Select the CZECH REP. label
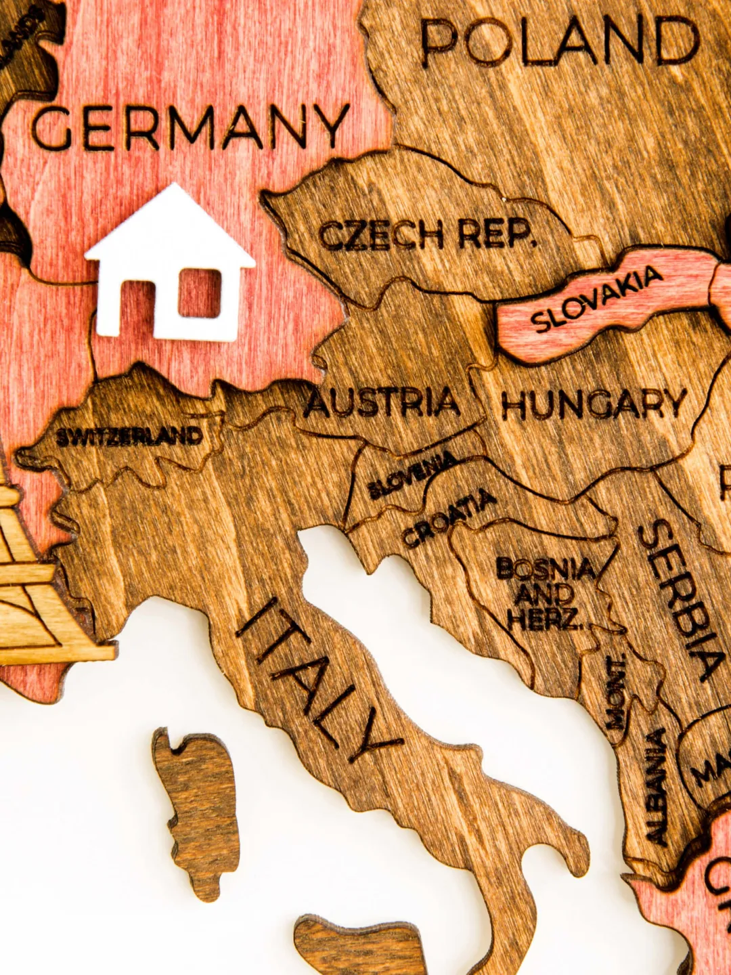tap(426, 235)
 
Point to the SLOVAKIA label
tap(596, 299)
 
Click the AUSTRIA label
tap(383, 404)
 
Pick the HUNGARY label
tap(594, 404)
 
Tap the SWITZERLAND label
tap(129, 437)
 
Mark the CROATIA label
tap(448, 518)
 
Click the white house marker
tap(169, 264)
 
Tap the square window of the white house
tap(200, 292)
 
